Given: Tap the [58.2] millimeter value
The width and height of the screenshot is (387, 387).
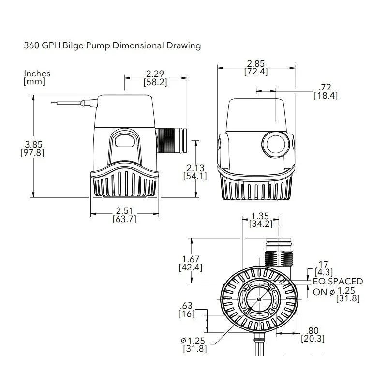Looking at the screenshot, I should coord(155,83).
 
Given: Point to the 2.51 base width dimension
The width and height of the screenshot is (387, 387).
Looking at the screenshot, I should coord(124,211).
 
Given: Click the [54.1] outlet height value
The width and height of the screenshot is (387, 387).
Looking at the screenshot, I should coord(195,176).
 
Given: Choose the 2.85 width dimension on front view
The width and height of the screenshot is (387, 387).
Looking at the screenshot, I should coord(256,64).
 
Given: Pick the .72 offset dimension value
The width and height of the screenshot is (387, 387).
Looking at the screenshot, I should coord(326,88).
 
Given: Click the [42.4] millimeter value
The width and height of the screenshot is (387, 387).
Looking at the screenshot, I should coord(191,268).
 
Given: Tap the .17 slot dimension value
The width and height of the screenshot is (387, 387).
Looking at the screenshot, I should coord(322,264).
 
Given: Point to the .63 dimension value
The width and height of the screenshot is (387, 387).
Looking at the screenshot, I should coord(186,305).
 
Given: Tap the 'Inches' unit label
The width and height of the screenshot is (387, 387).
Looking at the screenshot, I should coord(37,74).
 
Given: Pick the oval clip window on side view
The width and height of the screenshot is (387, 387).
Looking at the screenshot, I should coord(125,142).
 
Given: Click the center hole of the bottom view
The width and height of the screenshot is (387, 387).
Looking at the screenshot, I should coord(260,299).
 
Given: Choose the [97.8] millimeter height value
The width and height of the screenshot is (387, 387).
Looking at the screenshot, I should coord(32,153).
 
